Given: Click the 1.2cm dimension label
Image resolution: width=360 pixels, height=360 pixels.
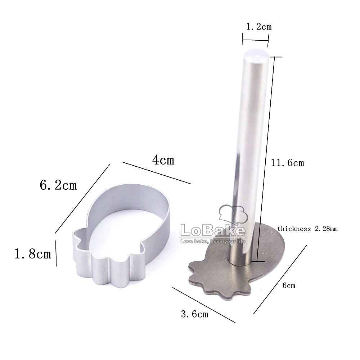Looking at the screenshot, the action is tap(259, 27).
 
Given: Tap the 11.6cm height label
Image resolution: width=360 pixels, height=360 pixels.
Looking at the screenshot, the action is tap(287, 163).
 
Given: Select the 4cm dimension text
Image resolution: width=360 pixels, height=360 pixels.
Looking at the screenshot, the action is tap(163, 160).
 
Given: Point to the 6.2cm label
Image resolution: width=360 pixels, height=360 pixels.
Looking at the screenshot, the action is tap(58, 185).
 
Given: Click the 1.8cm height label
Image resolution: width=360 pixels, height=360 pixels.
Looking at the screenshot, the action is tap(33, 254).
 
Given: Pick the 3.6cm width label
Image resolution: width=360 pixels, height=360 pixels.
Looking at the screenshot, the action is tap(195, 314).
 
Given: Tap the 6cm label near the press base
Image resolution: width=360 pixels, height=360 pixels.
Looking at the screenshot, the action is tap(289, 285).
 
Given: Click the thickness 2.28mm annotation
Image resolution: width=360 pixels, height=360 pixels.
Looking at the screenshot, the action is tap(307, 229).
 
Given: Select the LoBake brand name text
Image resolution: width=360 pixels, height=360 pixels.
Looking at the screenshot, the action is tap(213, 230).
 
